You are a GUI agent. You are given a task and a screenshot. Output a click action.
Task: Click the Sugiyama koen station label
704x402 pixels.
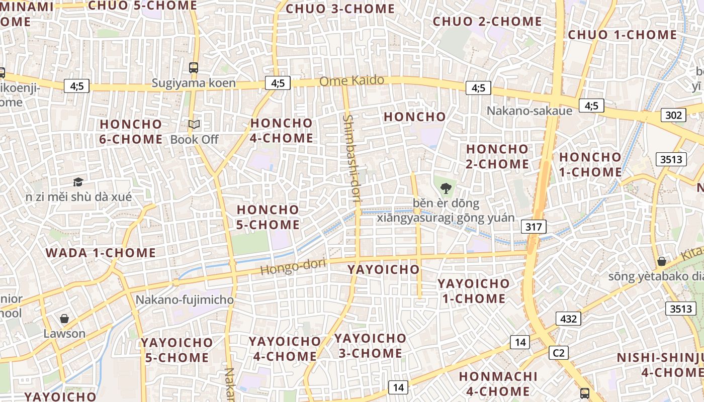[x=194, y=83]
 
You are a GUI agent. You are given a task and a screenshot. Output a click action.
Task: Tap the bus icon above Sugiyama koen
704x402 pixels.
[x=194, y=67]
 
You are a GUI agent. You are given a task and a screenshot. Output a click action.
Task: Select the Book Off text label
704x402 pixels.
[x=194, y=139]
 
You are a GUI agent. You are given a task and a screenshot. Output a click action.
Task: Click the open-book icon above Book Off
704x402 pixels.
[x=194, y=124]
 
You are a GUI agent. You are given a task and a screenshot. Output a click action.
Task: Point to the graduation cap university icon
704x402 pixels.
[x=78, y=182]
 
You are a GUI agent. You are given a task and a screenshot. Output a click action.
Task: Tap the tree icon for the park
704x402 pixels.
[x=446, y=189]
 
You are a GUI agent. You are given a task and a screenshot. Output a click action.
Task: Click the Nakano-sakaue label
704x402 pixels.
[x=530, y=111]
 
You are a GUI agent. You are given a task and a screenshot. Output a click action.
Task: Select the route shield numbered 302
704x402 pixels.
[x=673, y=115]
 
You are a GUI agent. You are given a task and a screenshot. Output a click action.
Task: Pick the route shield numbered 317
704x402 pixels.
[x=534, y=227]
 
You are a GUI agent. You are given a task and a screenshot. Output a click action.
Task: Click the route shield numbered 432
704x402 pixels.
[x=568, y=318]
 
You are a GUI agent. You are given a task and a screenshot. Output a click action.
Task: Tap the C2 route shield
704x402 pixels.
[x=559, y=353]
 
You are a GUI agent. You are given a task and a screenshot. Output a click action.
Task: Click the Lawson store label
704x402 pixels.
[x=64, y=333]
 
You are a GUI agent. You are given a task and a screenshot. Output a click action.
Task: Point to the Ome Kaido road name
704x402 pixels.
[x=352, y=80]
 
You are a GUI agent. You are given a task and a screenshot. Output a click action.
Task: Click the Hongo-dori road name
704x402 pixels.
[x=293, y=266]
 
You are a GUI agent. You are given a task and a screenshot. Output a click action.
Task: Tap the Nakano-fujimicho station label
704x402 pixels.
[x=185, y=300]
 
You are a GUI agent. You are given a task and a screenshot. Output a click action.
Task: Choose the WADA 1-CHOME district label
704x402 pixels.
[x=101, y=253]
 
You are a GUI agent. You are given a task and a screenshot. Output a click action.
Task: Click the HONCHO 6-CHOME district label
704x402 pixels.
[x=131, y=131]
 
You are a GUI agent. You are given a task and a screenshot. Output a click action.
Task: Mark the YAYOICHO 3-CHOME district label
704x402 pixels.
[x=370, y=345]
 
